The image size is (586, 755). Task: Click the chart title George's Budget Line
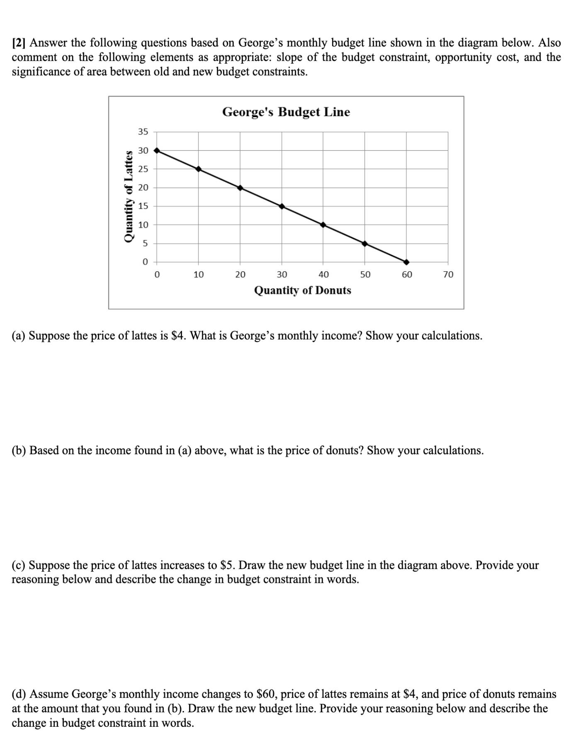286,112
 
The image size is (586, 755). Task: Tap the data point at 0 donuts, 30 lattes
157,150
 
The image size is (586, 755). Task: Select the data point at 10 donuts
198,169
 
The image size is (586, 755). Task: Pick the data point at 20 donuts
240,188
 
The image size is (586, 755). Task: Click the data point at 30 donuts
282,206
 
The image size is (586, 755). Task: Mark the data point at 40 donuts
323,225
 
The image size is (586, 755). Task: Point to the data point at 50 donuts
365,244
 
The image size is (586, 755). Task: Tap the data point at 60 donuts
406,262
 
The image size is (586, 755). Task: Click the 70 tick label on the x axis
448,275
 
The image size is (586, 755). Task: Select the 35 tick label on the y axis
143,132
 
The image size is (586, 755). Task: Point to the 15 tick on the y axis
143,206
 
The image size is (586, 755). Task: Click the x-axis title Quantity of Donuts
302,291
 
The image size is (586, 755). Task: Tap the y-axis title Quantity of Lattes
129,196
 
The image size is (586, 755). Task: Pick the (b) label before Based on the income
19,450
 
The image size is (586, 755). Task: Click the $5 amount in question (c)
226,565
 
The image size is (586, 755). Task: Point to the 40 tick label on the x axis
323,275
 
